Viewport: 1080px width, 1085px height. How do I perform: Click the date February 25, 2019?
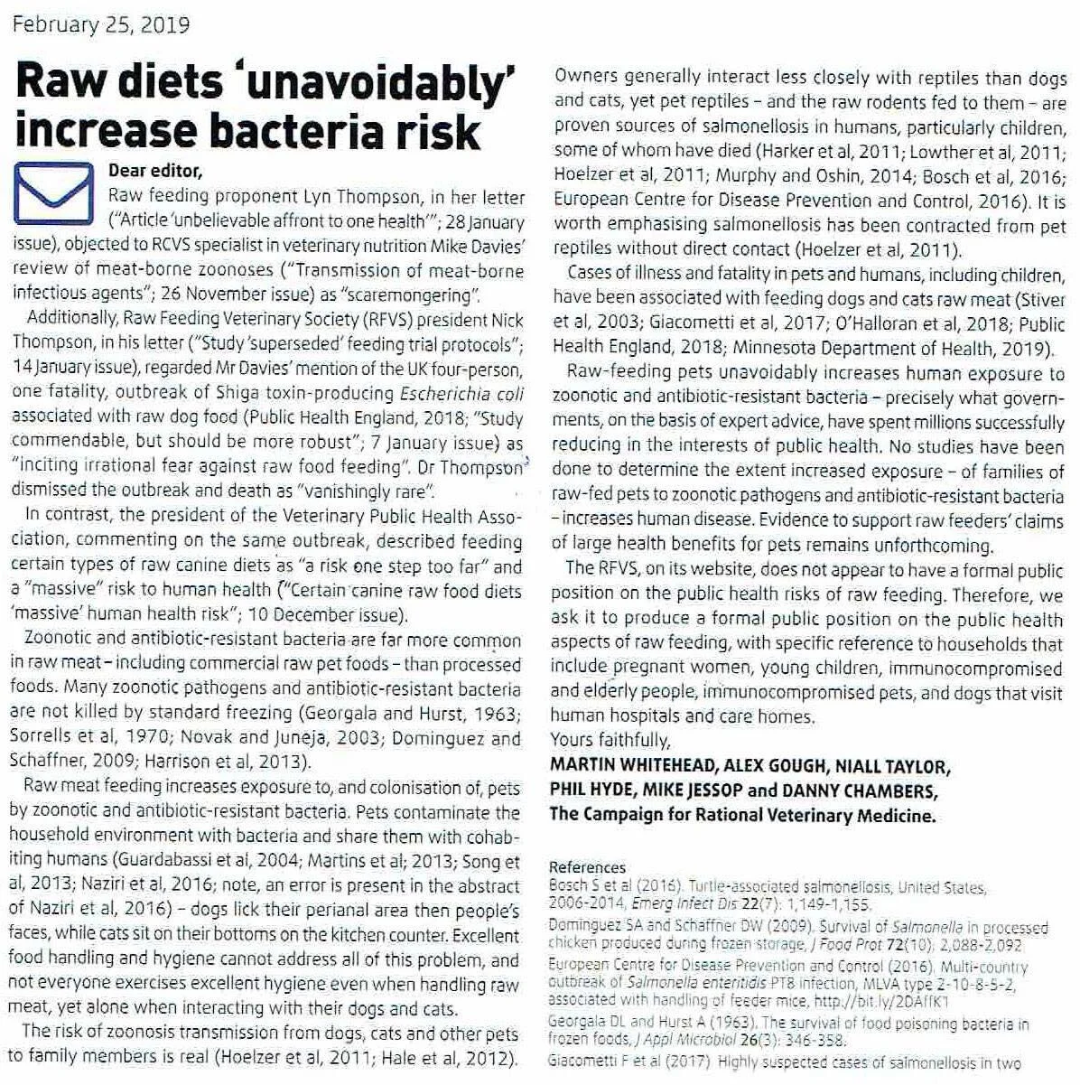(100, 24)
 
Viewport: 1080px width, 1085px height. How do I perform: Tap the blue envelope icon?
(54, 192)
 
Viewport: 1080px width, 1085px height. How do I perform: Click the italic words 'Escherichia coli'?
(461, 393)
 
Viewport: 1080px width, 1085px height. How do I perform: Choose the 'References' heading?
(587, 866)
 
